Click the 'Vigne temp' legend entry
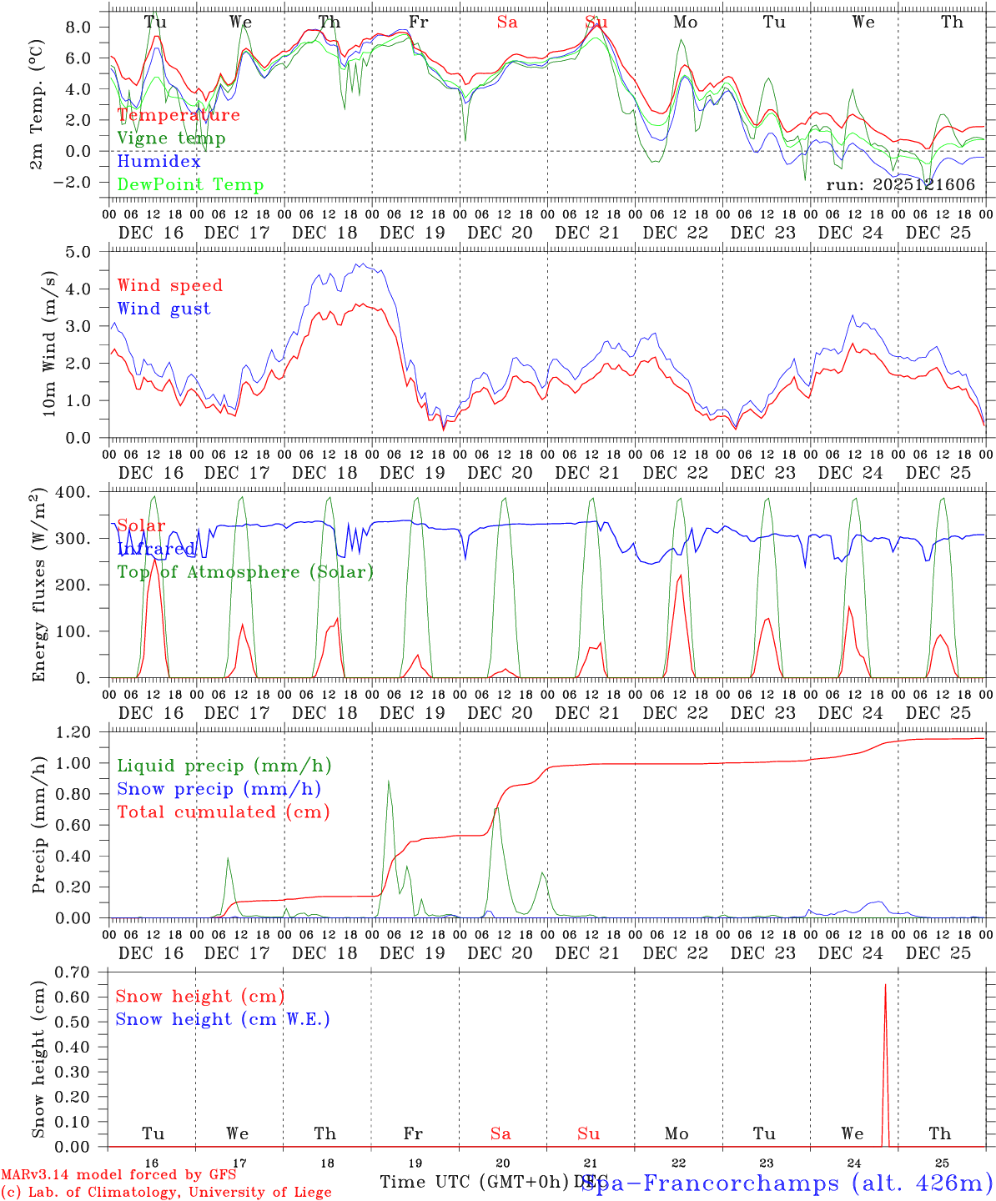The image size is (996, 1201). point(171,138)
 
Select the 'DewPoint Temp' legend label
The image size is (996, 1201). point(190,185)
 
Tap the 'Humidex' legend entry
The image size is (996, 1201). point(158,162)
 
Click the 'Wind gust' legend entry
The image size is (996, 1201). point(163,309)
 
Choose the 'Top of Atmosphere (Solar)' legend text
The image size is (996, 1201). point(245,572)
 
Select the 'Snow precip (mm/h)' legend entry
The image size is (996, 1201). point(219,789)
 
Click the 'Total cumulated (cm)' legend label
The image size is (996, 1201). point(223,812)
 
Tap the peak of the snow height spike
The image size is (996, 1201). point(885,985)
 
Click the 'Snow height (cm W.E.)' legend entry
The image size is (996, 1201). point(223,1019)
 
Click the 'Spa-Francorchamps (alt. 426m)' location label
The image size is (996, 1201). point(787,1183)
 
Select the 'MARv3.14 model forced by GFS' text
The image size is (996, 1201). point(118,1175)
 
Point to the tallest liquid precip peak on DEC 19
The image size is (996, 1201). point(388,781)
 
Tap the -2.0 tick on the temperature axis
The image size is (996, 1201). point(83,183)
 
